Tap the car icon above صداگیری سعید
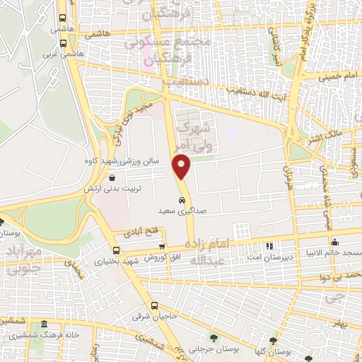point(182,199)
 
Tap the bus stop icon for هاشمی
point(63,20)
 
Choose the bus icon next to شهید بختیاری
point(116,250)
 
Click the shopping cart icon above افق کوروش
point(162,246)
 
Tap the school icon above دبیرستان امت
point(269,246)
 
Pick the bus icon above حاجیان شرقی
point(155,305)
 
